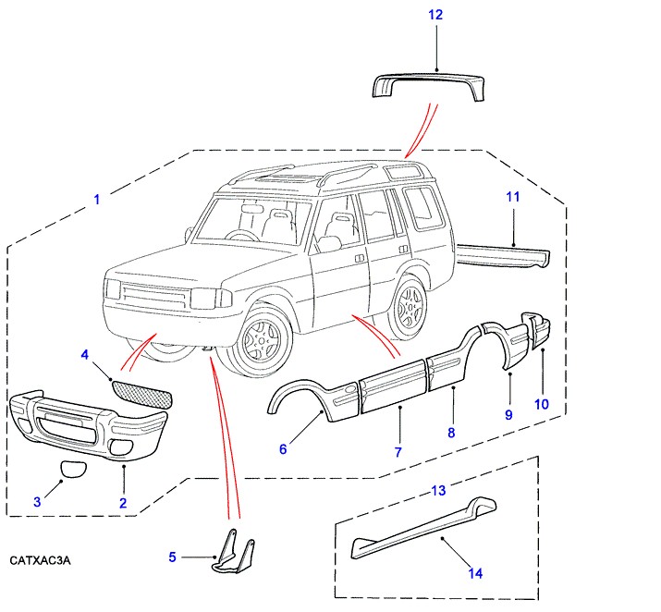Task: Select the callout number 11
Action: tap(514, 196)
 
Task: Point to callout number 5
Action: tap(172, 557)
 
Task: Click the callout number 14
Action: tap(475, 574)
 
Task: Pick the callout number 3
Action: tap(37, 502)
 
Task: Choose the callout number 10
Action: tap(542, 404)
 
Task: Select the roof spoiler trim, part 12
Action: tap(429, 85)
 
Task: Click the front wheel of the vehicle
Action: tap(263, 342)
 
